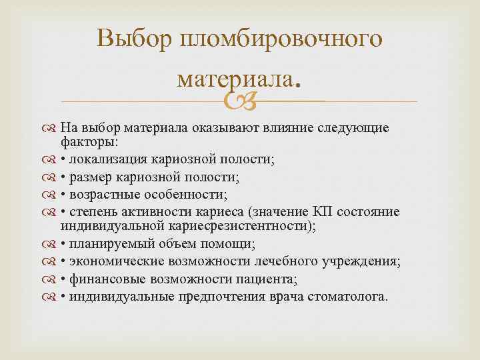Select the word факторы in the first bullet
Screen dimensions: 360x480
pos(89,142)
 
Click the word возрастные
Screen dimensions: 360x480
pos(105,195)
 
